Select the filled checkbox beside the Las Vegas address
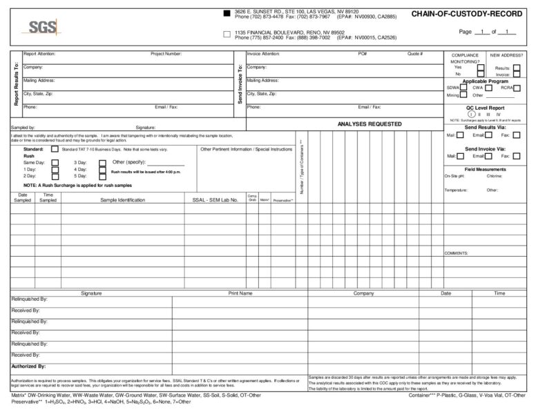tap(227, 13)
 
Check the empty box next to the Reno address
tap(227, 34)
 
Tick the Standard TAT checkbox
tap(55, 149)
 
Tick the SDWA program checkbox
tap(463, 88)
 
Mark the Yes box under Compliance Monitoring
tap(481, 67)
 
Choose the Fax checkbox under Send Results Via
tap(516, 135)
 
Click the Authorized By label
tap(28, 366)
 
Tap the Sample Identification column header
tap(122, 200)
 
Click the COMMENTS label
tap(457, 253)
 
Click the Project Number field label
tap(166, 53)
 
